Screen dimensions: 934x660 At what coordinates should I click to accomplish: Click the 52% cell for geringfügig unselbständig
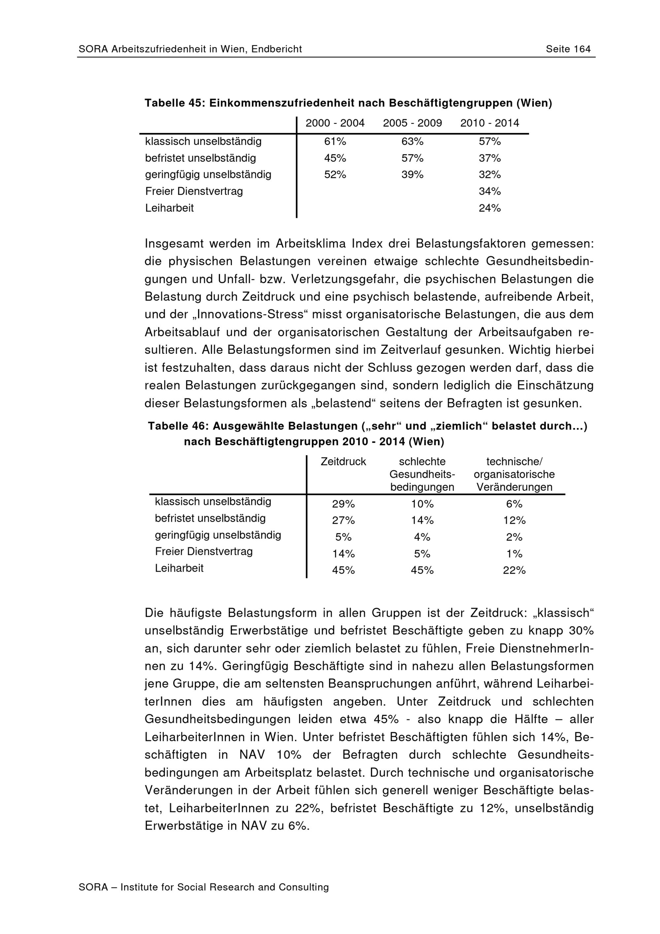tap(335, 175)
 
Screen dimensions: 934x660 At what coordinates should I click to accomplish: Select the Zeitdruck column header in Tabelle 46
tap(343, 461)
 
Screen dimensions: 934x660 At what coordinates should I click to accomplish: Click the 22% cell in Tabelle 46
tap(514, 570)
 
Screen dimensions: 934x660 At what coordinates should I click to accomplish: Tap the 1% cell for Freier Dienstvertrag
tap(514, 554)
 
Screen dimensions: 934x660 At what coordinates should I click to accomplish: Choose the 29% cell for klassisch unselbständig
tap(343, 504)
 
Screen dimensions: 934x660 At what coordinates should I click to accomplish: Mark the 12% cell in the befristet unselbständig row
tap(514, 520)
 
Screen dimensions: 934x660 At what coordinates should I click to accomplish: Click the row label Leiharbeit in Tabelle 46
tap(179, 568)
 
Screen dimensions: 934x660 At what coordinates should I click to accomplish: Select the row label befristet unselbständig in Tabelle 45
tap(201, 158)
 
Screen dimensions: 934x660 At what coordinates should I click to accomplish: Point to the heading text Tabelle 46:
tap(178, 426)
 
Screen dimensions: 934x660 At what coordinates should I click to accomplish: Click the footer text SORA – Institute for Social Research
tap(203, 887)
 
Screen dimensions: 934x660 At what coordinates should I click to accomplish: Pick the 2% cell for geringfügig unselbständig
tap(514, 537)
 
